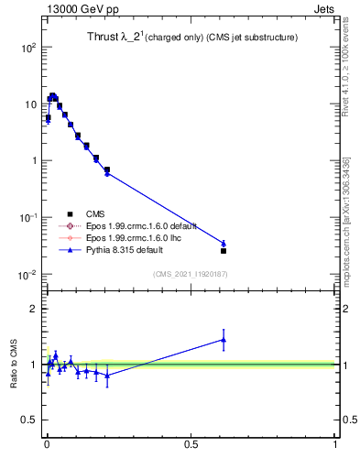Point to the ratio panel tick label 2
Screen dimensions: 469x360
tap(32, 309)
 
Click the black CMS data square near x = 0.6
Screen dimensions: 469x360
tap(224, 250)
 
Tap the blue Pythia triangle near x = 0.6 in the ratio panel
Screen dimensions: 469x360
tap(224, 340)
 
